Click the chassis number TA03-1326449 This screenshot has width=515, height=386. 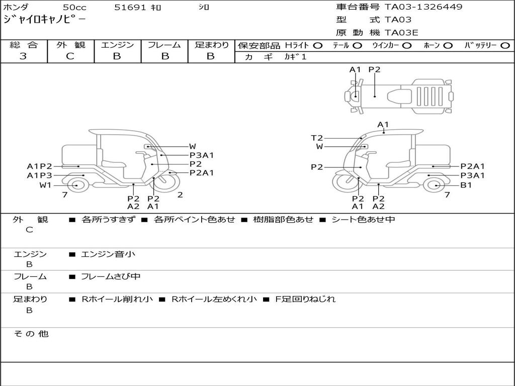[423, 7]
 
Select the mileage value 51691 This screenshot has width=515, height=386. [130, 7]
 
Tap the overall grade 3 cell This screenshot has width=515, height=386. [23, 56]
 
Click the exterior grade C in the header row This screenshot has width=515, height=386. [70, 56]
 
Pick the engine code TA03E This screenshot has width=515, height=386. [401, 33]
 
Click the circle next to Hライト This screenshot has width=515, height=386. [318, 46]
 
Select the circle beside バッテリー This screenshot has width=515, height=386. [505, 46]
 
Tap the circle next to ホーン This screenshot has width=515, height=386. [448, 46]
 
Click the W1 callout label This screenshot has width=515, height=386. [46, 185]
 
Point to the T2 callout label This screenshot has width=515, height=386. [317, 138]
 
